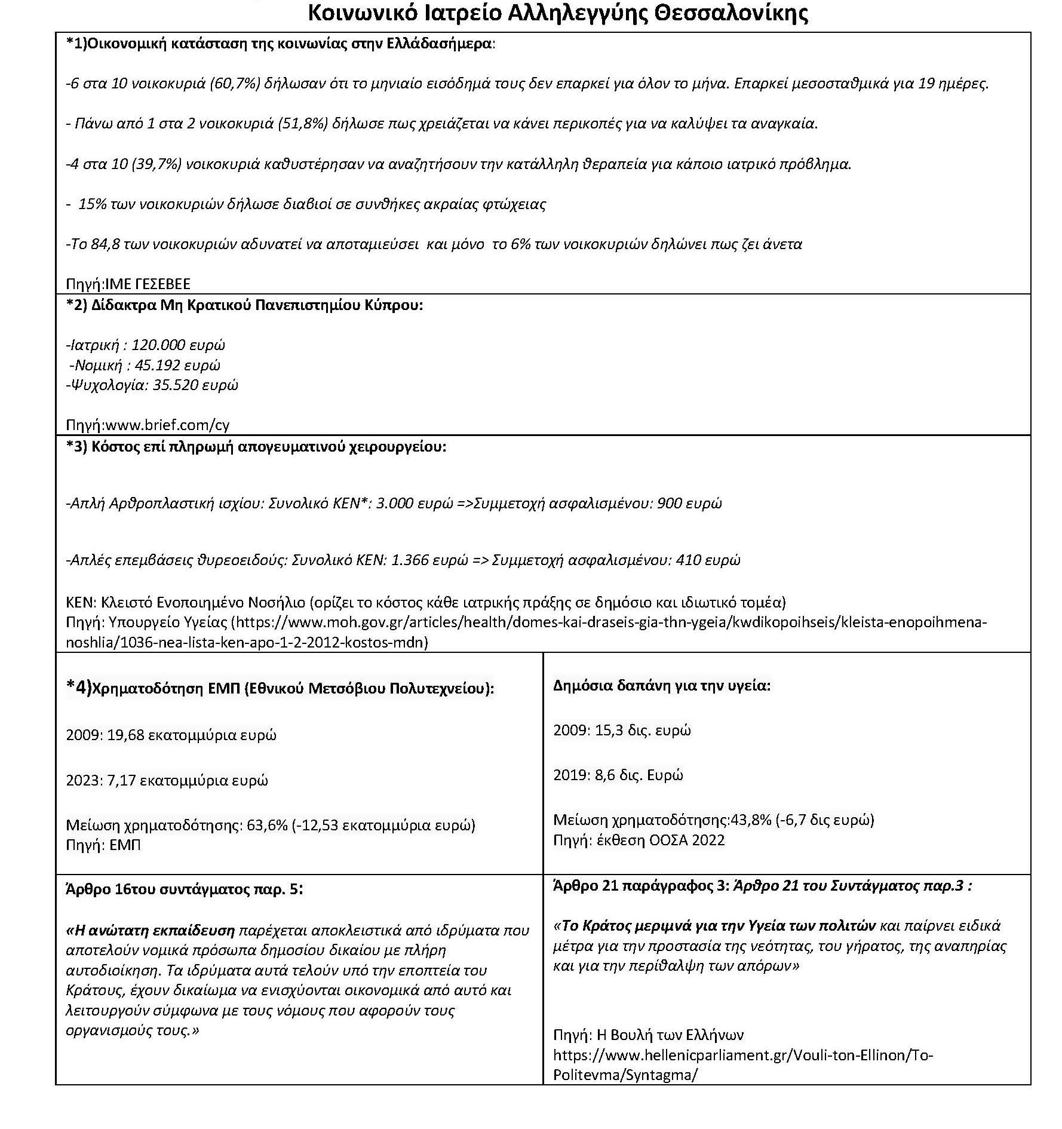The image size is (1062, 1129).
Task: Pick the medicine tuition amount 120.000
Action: tap(158, 345)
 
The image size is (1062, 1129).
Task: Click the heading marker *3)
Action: tap(76, 447)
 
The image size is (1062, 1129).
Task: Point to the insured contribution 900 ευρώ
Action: tap(689, 503)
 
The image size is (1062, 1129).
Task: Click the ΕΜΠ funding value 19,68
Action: tap(125, 735)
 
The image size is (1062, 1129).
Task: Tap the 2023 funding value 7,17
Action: tap(122, 780)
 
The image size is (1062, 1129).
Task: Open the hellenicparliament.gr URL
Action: tap(742, 1056)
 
